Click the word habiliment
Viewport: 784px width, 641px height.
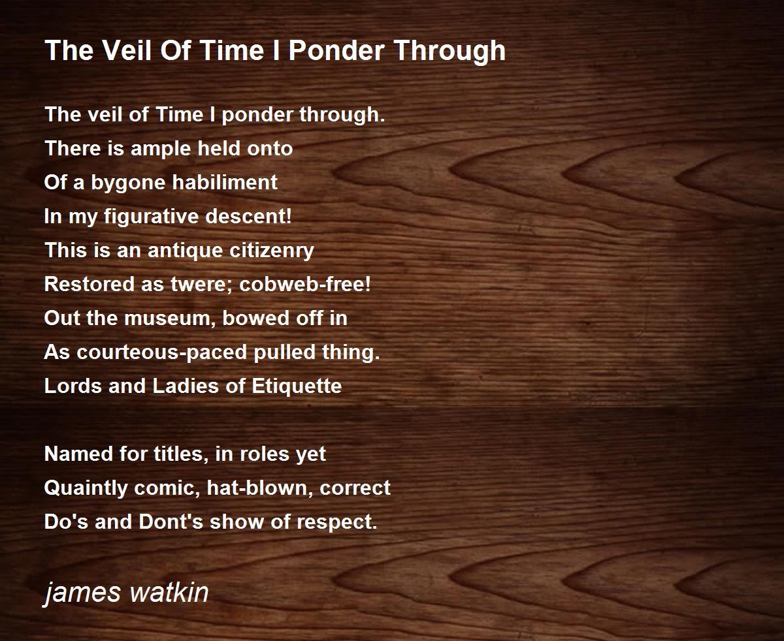(x=225, y=182)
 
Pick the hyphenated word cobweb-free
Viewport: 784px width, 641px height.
(x=305, y=284)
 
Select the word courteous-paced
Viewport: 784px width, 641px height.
(x=162, y=352)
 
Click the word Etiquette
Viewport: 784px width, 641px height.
(x=297, y=386)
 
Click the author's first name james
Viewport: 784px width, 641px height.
(x=83, y=594)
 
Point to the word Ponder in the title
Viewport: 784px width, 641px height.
(x=336, y=50)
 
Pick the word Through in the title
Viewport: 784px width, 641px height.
(x=450, y=52)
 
